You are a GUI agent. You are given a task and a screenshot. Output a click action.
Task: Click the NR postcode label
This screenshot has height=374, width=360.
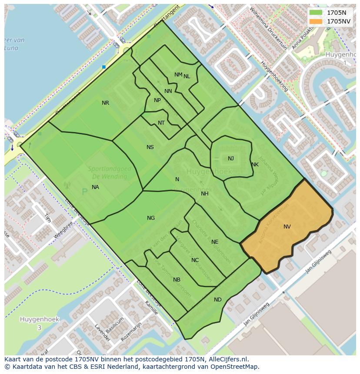pyautogui.click(x=105, y=103)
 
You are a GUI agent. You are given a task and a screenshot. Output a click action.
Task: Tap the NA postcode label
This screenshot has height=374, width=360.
pyautogui.click(x=95, y=187)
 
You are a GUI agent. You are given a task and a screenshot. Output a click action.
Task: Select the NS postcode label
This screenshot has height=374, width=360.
pyautogui.click(x=150, y=147)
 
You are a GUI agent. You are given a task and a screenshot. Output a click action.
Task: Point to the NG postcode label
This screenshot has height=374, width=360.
pyautogui.click(x=151, y=218)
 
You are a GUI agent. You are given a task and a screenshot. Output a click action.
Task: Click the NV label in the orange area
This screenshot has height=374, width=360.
pyautogui.click(x=287, y=227)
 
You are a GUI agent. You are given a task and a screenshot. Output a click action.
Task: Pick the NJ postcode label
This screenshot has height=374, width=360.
pyautogui.click(x=231, y=159)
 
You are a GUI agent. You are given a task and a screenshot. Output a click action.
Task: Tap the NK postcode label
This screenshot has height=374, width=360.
pyautogui.click(x=255, y=165)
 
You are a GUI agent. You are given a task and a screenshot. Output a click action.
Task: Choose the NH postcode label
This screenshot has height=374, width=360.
pyautogui.click(x=205, y=194)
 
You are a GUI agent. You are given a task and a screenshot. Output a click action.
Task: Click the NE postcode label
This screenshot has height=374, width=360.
pyautogui.click(x=215, y=242)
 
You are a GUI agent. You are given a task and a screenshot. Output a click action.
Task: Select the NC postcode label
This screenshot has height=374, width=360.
pyautogui.click(x=195, y=260)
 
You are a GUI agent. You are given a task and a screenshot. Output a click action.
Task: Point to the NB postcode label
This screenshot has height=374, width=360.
pyautogui.click(x=177, y=280)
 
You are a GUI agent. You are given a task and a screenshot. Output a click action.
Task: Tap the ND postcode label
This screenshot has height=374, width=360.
pyautogui.click(x=218, y=300)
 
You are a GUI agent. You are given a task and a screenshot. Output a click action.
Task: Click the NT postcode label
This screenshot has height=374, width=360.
pyautogui.click(x=161, y=123)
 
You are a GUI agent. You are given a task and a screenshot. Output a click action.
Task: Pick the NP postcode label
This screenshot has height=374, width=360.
pyautogui.click(x=157, y=100)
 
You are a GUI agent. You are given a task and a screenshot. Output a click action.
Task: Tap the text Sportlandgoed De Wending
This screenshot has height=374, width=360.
pyautogui.click(x=107, y=172)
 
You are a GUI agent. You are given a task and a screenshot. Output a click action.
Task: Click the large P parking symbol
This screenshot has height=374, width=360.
pyautogui.click(x=85, y=192)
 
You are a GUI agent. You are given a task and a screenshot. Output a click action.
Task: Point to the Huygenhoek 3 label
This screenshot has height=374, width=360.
pyautogui.click(x=39, y=323)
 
